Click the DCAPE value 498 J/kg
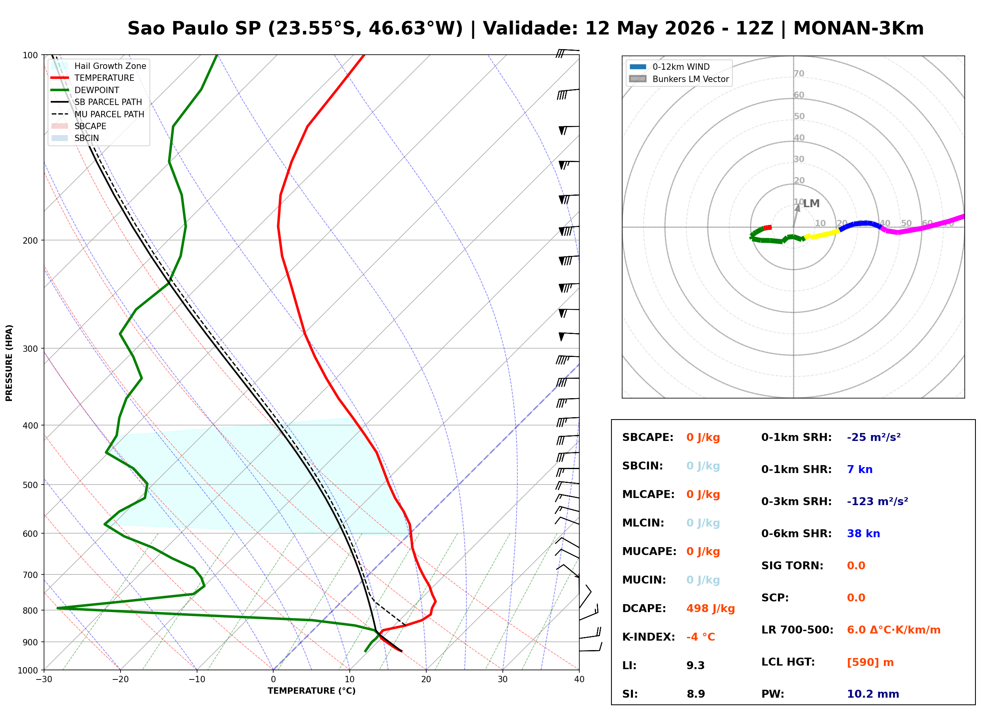tap(711, 609)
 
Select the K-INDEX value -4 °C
tap(701, 637)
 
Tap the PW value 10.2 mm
tap(873, 694)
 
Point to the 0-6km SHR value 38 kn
tap(863, 534)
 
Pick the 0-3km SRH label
tap(796, 502)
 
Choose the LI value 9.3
tap(696, 666)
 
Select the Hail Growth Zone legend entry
tap(99, 66)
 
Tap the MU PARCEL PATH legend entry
tap(98, 114)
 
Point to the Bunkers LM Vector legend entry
tap(679, 79)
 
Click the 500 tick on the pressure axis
tap(30, 485)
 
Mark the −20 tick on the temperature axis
tap(120, 679)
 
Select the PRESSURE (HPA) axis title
tap(9, 363)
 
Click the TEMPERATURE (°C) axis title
tap(311, 691)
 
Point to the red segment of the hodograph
tap(767, 228)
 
